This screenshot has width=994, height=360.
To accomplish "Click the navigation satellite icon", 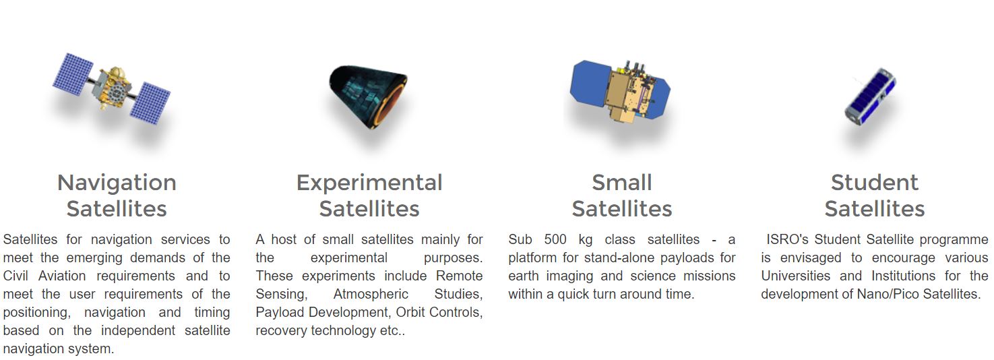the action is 111,89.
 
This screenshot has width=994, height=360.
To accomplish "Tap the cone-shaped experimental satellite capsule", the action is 368,97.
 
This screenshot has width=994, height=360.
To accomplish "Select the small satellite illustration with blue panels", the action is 621,91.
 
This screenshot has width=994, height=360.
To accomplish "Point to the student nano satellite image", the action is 870,96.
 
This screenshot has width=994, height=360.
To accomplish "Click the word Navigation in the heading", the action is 117,183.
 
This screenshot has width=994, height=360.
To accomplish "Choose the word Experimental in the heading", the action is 369,183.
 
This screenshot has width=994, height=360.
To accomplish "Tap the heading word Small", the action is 622,183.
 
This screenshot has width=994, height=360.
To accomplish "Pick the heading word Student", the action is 874,183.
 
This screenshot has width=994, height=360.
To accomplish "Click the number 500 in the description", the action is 555,239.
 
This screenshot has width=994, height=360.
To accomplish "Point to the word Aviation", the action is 62,276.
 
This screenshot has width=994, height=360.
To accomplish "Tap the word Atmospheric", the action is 371,294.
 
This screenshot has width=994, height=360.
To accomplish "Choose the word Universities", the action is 796,276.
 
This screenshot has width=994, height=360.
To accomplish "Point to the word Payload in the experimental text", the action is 280,313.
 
